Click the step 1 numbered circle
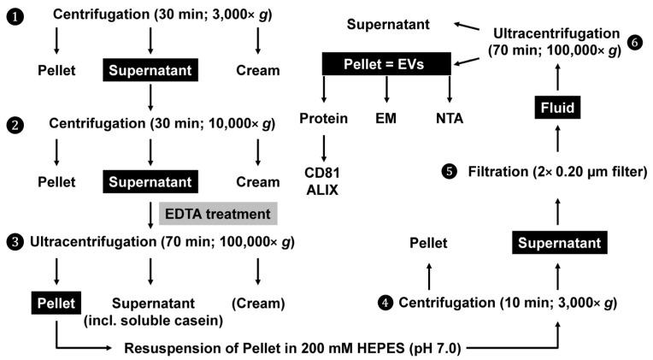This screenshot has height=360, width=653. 15,15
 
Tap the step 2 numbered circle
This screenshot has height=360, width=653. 15,125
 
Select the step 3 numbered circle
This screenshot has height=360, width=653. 15,242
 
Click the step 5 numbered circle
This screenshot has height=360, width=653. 450,171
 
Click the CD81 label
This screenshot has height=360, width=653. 323,174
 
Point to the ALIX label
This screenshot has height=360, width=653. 323,191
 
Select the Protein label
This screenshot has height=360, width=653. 323,119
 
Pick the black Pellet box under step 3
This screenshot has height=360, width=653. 56,301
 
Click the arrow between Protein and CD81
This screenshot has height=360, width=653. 323,146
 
